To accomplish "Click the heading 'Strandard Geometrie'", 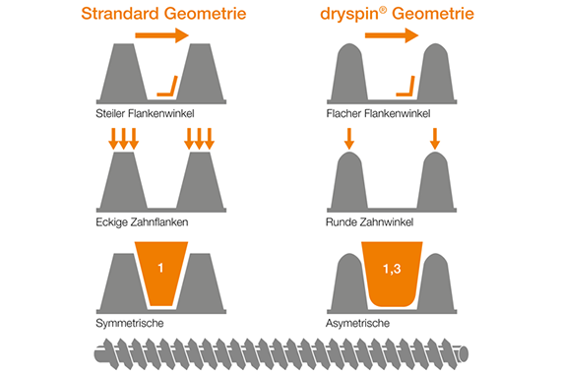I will [x=164, y=14].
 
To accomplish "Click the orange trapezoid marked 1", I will [x=162, y=271].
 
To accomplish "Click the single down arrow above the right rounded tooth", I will [x=435, y=140].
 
